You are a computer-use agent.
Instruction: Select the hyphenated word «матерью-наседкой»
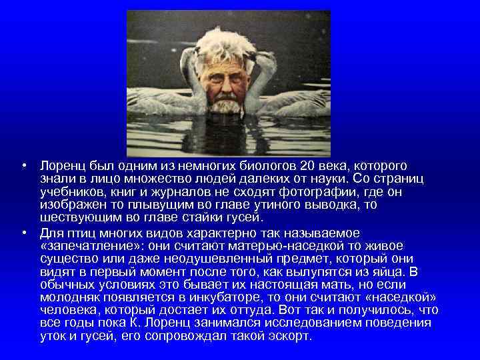pos(301,245)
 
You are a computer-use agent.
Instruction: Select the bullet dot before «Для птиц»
pos(24,232)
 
